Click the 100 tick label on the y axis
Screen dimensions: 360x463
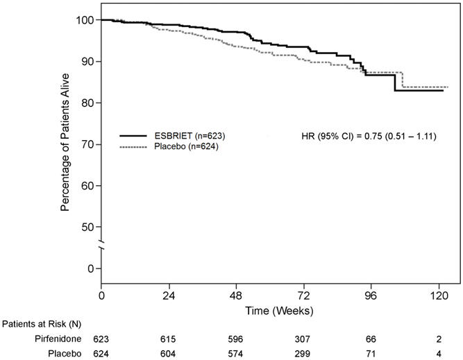point(85,20)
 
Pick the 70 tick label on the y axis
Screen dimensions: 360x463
point(88,144)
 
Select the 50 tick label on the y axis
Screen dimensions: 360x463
point(88,227)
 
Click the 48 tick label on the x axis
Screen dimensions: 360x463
point(237,295)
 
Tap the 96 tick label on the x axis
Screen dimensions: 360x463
point(371,295)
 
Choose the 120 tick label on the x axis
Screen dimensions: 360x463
point(439,295)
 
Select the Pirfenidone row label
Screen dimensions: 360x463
point(59,338)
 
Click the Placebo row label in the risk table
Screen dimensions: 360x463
point(65,353)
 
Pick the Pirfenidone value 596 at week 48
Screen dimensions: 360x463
point(237,338)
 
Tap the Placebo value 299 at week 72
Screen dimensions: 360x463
point(304,353)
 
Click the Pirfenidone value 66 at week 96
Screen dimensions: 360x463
point(371,338)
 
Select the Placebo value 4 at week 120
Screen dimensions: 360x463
point(439,353)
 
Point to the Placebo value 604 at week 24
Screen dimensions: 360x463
point(169,353)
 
